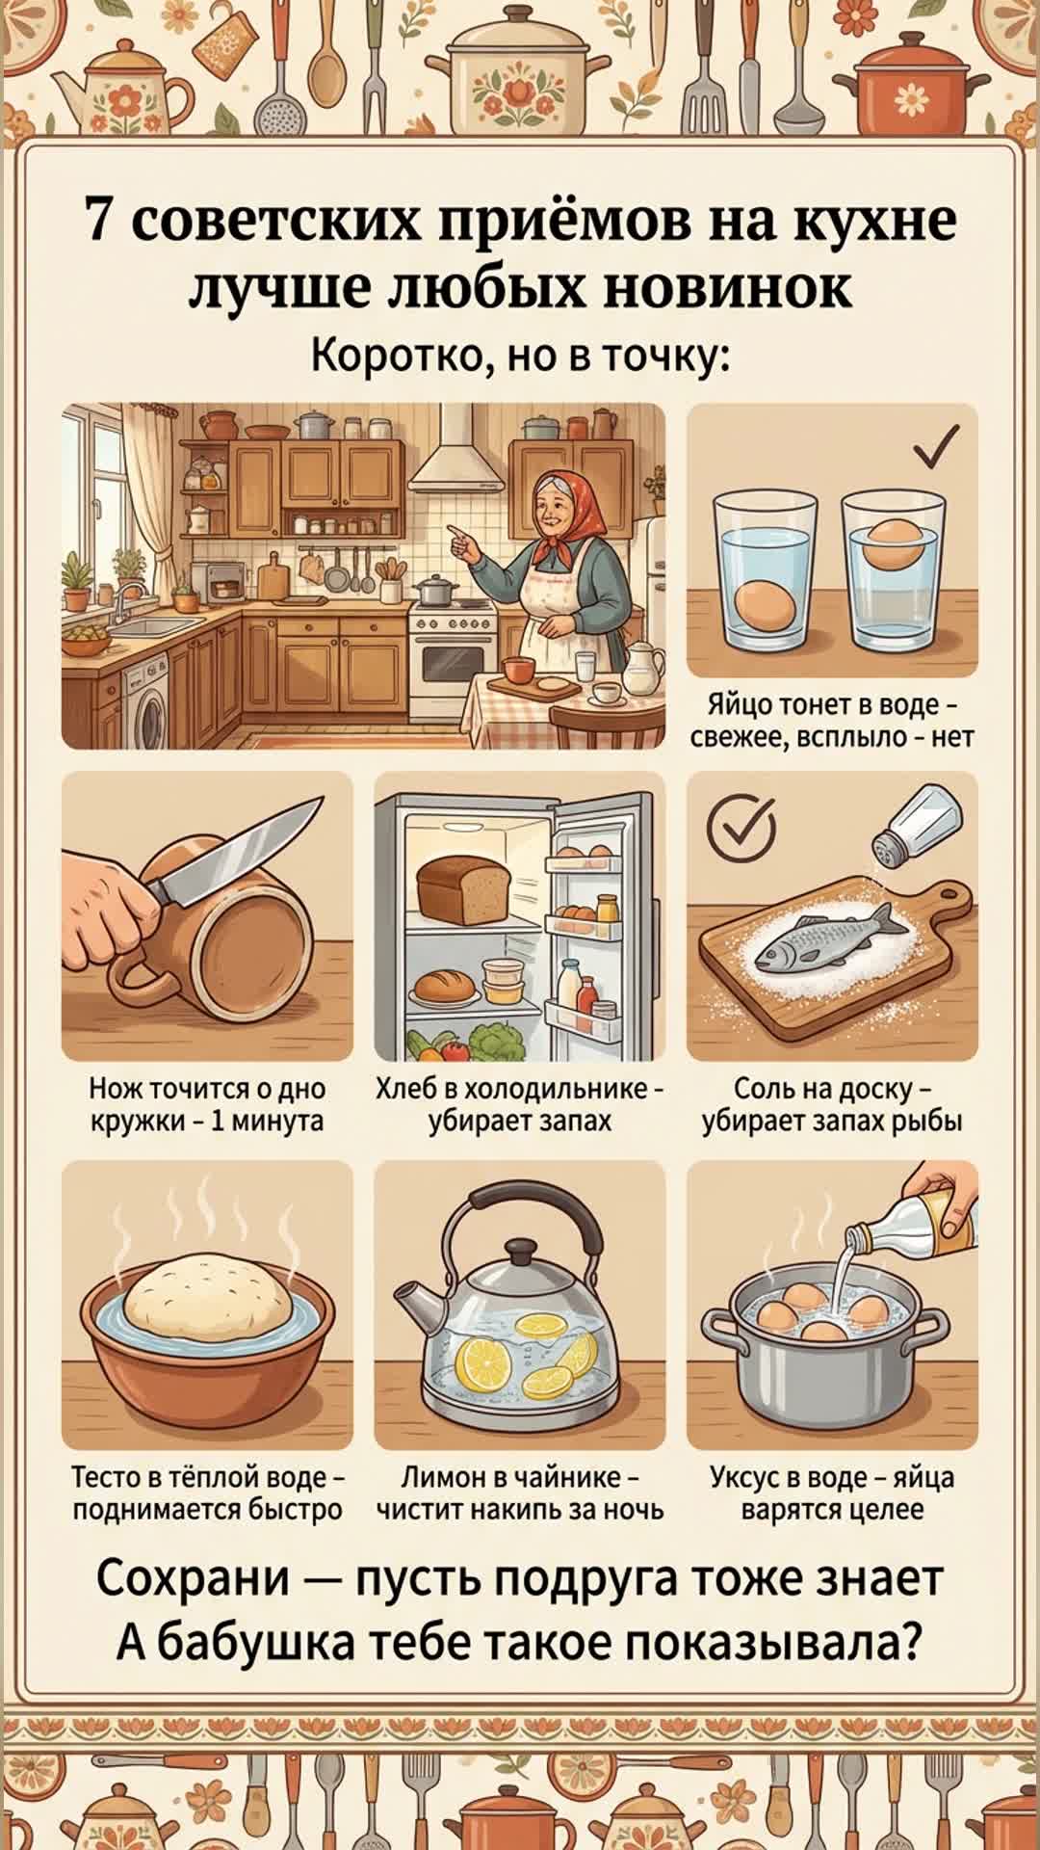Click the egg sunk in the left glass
pyautogui.click(x=766, y=605)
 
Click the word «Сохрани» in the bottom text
pyautogui.click(x=194, y=1577)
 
